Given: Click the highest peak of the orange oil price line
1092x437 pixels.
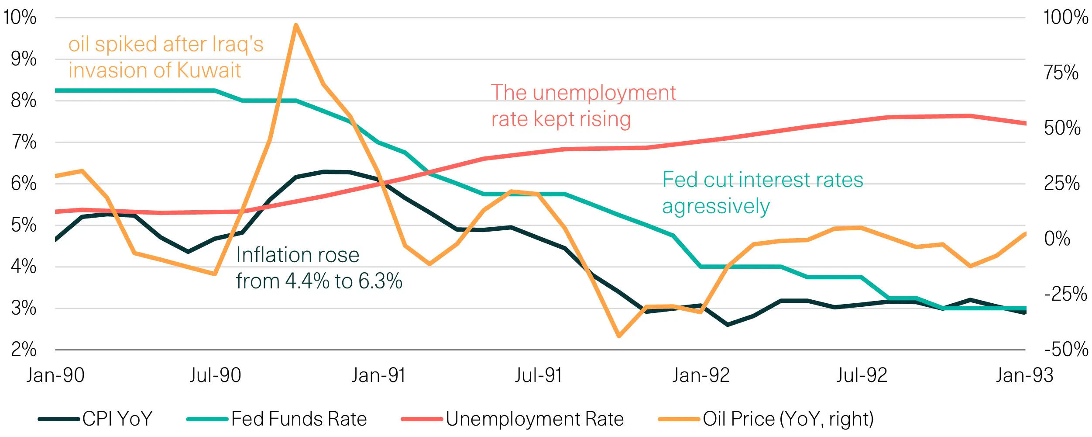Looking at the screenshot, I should [x=296, y=25].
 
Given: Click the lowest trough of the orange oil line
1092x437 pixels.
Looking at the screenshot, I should [x=618, y=336].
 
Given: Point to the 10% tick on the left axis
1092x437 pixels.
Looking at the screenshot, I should [x=20, y=17].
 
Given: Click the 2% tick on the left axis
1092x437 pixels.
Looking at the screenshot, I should [x=24, y=349].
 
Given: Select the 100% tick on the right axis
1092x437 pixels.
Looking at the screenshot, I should [x=1065, y=17].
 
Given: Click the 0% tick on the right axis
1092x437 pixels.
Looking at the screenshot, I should [x=1057, y=239].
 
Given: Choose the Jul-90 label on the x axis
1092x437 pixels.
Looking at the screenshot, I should [x=215, y=375].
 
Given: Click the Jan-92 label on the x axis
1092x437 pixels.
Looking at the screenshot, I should [x=701, y=375].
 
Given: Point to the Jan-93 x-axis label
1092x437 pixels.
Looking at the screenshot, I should [x=1024, y=375].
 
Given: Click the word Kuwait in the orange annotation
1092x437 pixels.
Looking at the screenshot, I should [x=209, y=70].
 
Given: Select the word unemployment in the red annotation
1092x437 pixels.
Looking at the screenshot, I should [x=604, y=93].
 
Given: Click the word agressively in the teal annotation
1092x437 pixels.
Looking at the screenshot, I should [x=716, y=206].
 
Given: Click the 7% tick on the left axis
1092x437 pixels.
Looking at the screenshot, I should [x=24, y=142].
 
